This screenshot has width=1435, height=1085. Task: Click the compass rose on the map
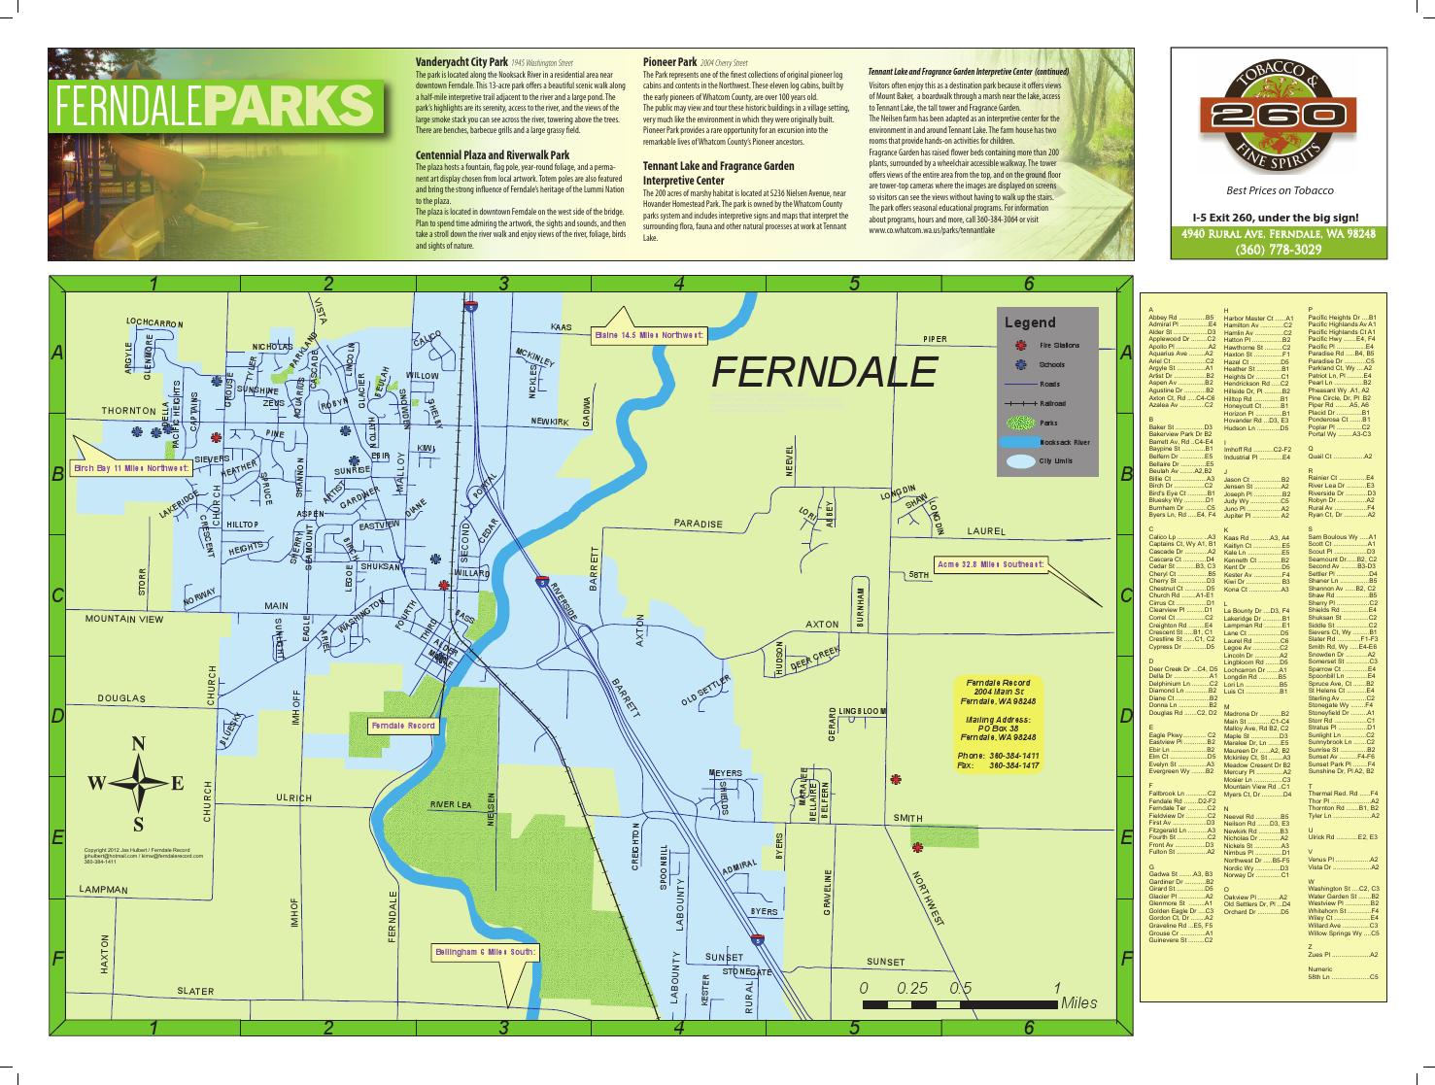(x=138, y=784)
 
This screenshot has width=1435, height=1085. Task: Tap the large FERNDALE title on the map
(x=825, y=371)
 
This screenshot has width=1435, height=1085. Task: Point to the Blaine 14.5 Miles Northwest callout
(x=649, y=335)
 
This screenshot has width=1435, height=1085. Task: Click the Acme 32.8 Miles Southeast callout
(x=991, y=563)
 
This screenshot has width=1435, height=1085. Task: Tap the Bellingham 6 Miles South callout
(x=484, y=953)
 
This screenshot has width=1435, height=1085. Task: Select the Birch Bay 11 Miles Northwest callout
(x=132, y=467)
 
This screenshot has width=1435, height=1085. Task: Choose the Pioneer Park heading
(x=668, y=61)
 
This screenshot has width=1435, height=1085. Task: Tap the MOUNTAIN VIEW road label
(x=124, y=619)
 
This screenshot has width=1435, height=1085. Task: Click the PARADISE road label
(x=699, y=524)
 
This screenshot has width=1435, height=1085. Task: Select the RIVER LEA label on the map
(x=451, y=804)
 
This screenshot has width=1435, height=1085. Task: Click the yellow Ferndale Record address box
(x=998, y=724)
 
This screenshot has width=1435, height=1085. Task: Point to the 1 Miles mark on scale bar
(x=1056, y=988)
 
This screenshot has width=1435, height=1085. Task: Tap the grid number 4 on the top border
(x=679, y=284)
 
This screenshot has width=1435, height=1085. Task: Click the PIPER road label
(x=935, y=339)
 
